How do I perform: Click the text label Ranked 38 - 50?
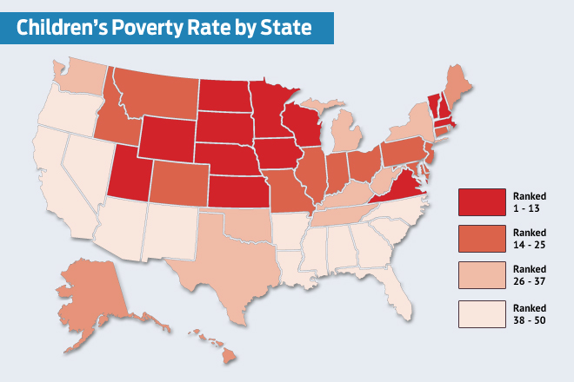click(530, 313)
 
